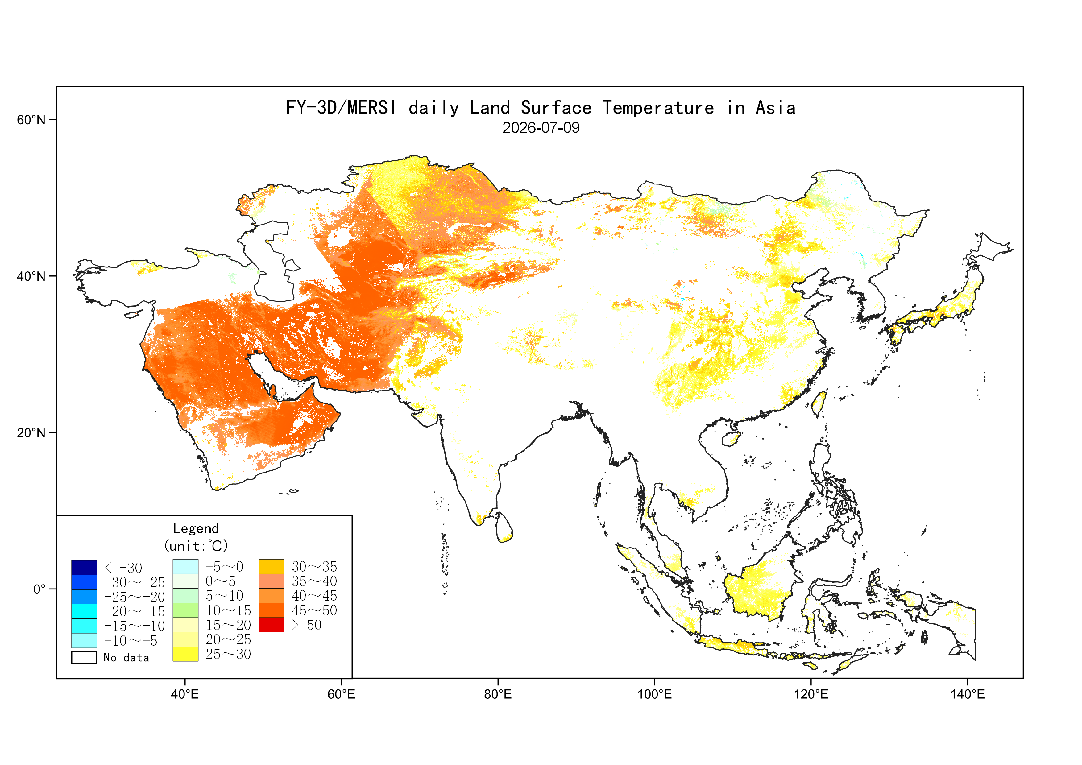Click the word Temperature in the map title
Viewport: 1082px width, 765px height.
coord(658,108)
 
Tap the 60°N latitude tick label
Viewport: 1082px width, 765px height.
coord(31,120)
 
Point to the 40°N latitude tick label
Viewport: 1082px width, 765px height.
coord(31,276)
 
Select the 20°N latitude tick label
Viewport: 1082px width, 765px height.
coord(31,432)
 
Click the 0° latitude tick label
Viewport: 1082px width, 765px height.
coord(39,589)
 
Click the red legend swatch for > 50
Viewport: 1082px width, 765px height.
coord(272,625)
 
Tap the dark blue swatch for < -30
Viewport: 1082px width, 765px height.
coord(84,568)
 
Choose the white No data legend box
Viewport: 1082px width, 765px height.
coord(84,657)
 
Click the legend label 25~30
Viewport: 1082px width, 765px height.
coord(228,654)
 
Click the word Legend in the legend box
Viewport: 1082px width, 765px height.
coord(196,528)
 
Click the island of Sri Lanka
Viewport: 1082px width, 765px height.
coord(505,527)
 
